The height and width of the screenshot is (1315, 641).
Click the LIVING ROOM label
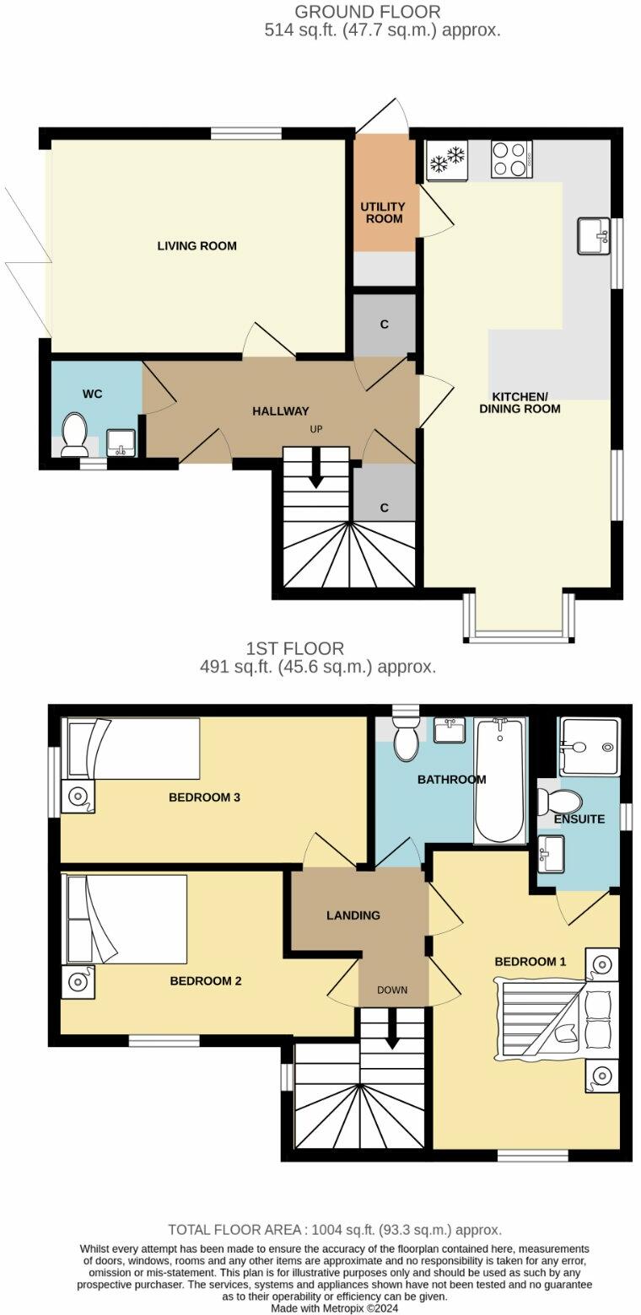[x=197, y=246]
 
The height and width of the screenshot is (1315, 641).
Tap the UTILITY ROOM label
[x=383, y=212]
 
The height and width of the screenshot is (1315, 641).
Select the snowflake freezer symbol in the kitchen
[x=447, y=158]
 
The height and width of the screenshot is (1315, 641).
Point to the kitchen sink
[x=594, y=235]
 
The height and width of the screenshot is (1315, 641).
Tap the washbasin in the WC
[x=121, y=442]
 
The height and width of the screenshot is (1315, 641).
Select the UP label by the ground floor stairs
[x=316, y=429]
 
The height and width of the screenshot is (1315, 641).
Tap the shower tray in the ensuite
[x=590, y=747]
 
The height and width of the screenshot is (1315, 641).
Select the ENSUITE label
[x=579, y=819]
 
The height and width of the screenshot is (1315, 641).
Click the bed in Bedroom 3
[x=132, y=749]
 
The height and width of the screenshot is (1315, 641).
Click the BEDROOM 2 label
[x=206, y=981]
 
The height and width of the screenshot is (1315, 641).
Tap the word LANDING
[x=353, y=915]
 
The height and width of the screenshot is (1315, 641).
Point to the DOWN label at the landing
[x=392, y=990]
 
